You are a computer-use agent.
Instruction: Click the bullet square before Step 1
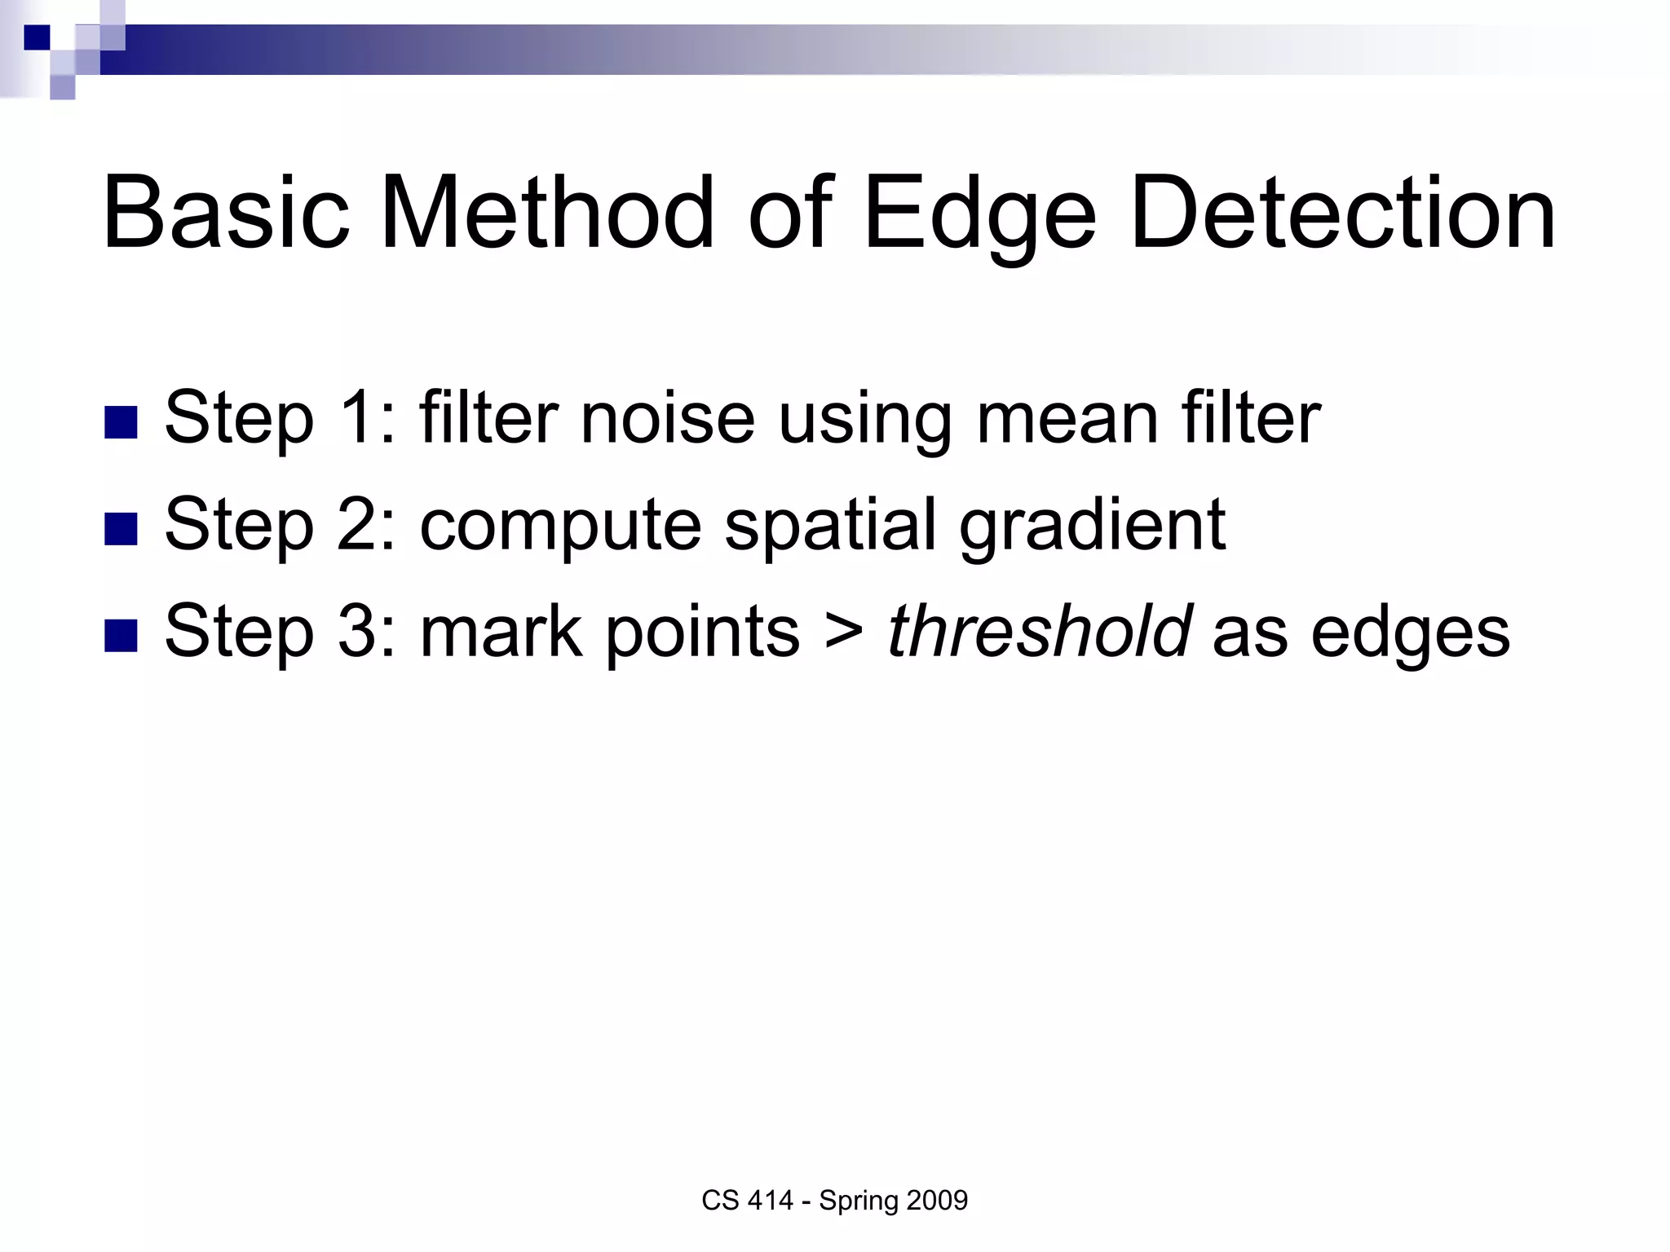click(121, 422)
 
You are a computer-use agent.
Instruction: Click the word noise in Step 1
click(666, 418)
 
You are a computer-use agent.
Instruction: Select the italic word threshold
click(1038, 631)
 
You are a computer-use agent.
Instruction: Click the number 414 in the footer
click(771, 1201)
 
